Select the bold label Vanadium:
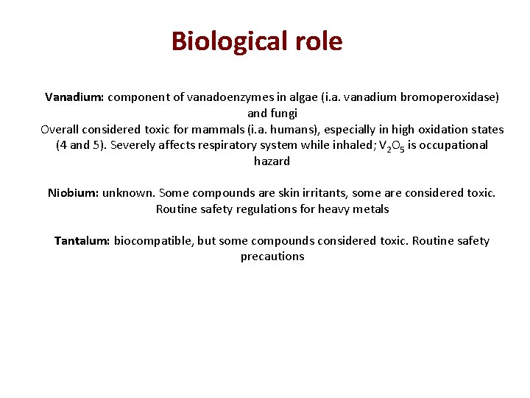(x=74, y=97)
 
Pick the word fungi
(x=283, y=114)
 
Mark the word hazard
(x=272, y=161)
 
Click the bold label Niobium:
(x=73, y=193)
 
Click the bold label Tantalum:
(x=82, y=241)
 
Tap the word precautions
(x=272, y=257)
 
